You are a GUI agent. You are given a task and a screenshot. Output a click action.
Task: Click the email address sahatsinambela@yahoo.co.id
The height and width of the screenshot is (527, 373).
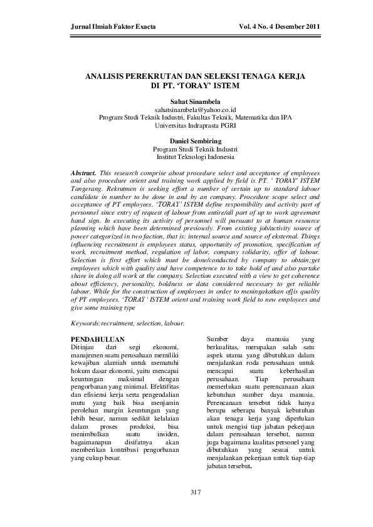coord(186,109)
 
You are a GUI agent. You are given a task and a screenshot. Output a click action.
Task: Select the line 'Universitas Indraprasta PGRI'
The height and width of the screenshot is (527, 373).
coord(186,125)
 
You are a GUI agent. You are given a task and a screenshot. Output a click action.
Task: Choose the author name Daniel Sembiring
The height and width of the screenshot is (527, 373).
coord(186,141)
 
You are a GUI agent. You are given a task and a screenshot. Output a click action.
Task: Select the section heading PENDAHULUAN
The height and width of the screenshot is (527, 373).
coord(99,339)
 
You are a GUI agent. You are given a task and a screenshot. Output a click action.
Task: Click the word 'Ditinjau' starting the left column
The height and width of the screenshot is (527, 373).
coord(85,347)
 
